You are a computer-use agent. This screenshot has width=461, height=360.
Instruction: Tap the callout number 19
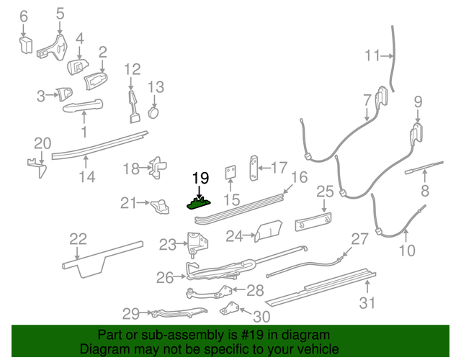click(x=200, y=178)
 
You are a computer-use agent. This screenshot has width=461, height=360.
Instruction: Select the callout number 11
click(x=372, y=55)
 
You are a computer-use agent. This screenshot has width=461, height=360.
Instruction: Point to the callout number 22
click(x=78, y=239)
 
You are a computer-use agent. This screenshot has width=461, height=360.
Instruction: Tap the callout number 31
click(x=368, y=303)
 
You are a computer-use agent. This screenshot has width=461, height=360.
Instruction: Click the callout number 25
click(x=325, y=191)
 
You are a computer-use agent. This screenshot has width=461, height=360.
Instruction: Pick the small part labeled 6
click(x=25, y=46)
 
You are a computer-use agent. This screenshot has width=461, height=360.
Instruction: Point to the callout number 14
click(x=86, y=176)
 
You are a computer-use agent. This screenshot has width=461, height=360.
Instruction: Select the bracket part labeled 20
click(x=38, y=167)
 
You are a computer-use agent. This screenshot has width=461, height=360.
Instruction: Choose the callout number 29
click(x=130, y=313)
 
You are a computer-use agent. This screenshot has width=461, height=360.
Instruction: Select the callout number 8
click(x=424, y=192)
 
